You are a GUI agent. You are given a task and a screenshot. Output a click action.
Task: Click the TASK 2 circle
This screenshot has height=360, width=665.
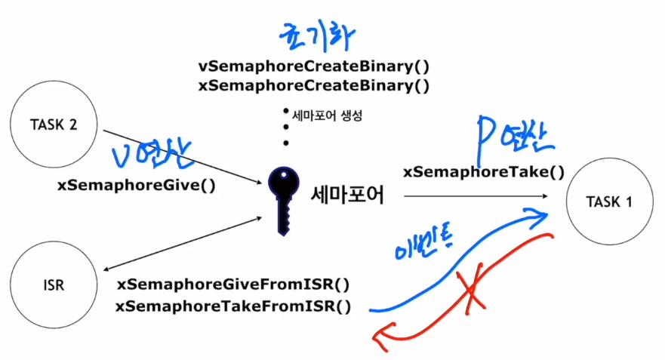[52, 126]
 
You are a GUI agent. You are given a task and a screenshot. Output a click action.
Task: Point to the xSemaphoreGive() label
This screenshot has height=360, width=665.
[136, 184]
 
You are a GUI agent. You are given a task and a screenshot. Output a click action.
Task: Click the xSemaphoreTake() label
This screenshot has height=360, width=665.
[484, 172]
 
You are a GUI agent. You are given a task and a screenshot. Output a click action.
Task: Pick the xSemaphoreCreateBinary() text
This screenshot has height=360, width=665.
[313, 85]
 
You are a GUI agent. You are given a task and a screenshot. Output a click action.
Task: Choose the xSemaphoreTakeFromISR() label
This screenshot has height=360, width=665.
[234, 306]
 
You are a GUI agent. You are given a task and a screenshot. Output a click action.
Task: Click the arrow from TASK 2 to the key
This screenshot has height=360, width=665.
[181, 155]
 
